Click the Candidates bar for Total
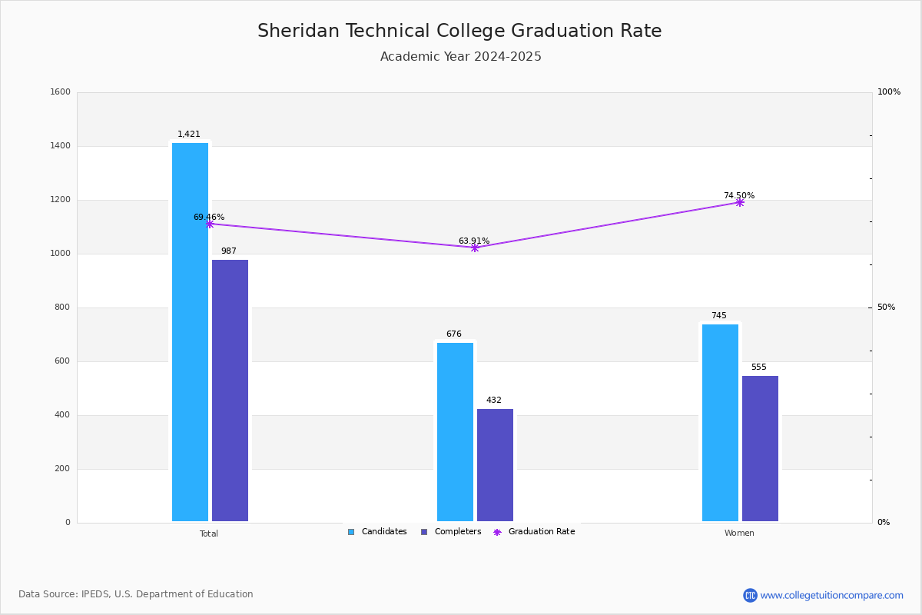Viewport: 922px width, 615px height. click(190, 332)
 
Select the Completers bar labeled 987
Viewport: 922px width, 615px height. click(230, 391)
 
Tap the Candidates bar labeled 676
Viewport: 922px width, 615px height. click(455, 432)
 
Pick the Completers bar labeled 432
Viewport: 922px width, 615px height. click(495, 465)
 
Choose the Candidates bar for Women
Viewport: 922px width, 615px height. click(720, 423)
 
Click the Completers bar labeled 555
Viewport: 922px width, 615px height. click(760, 449)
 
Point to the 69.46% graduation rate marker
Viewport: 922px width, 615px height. click(210, 224)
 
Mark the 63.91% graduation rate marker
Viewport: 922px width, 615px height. click(475, 248)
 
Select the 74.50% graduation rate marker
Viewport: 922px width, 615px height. click(740, 203)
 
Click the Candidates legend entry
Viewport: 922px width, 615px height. click(377, 532)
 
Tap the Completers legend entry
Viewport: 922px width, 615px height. click(451, 532)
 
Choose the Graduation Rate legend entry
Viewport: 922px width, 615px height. click(534, 532)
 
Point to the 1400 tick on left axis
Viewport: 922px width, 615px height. click(60, 146)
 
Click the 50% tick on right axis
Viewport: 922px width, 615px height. click(886, 307)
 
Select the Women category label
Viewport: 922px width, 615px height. click(739, 533)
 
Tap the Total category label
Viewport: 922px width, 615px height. click(209, 534)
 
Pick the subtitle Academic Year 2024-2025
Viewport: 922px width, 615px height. click(460, 56)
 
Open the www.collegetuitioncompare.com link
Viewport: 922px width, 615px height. click(831, 595)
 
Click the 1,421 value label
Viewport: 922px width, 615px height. click(188, 135)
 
